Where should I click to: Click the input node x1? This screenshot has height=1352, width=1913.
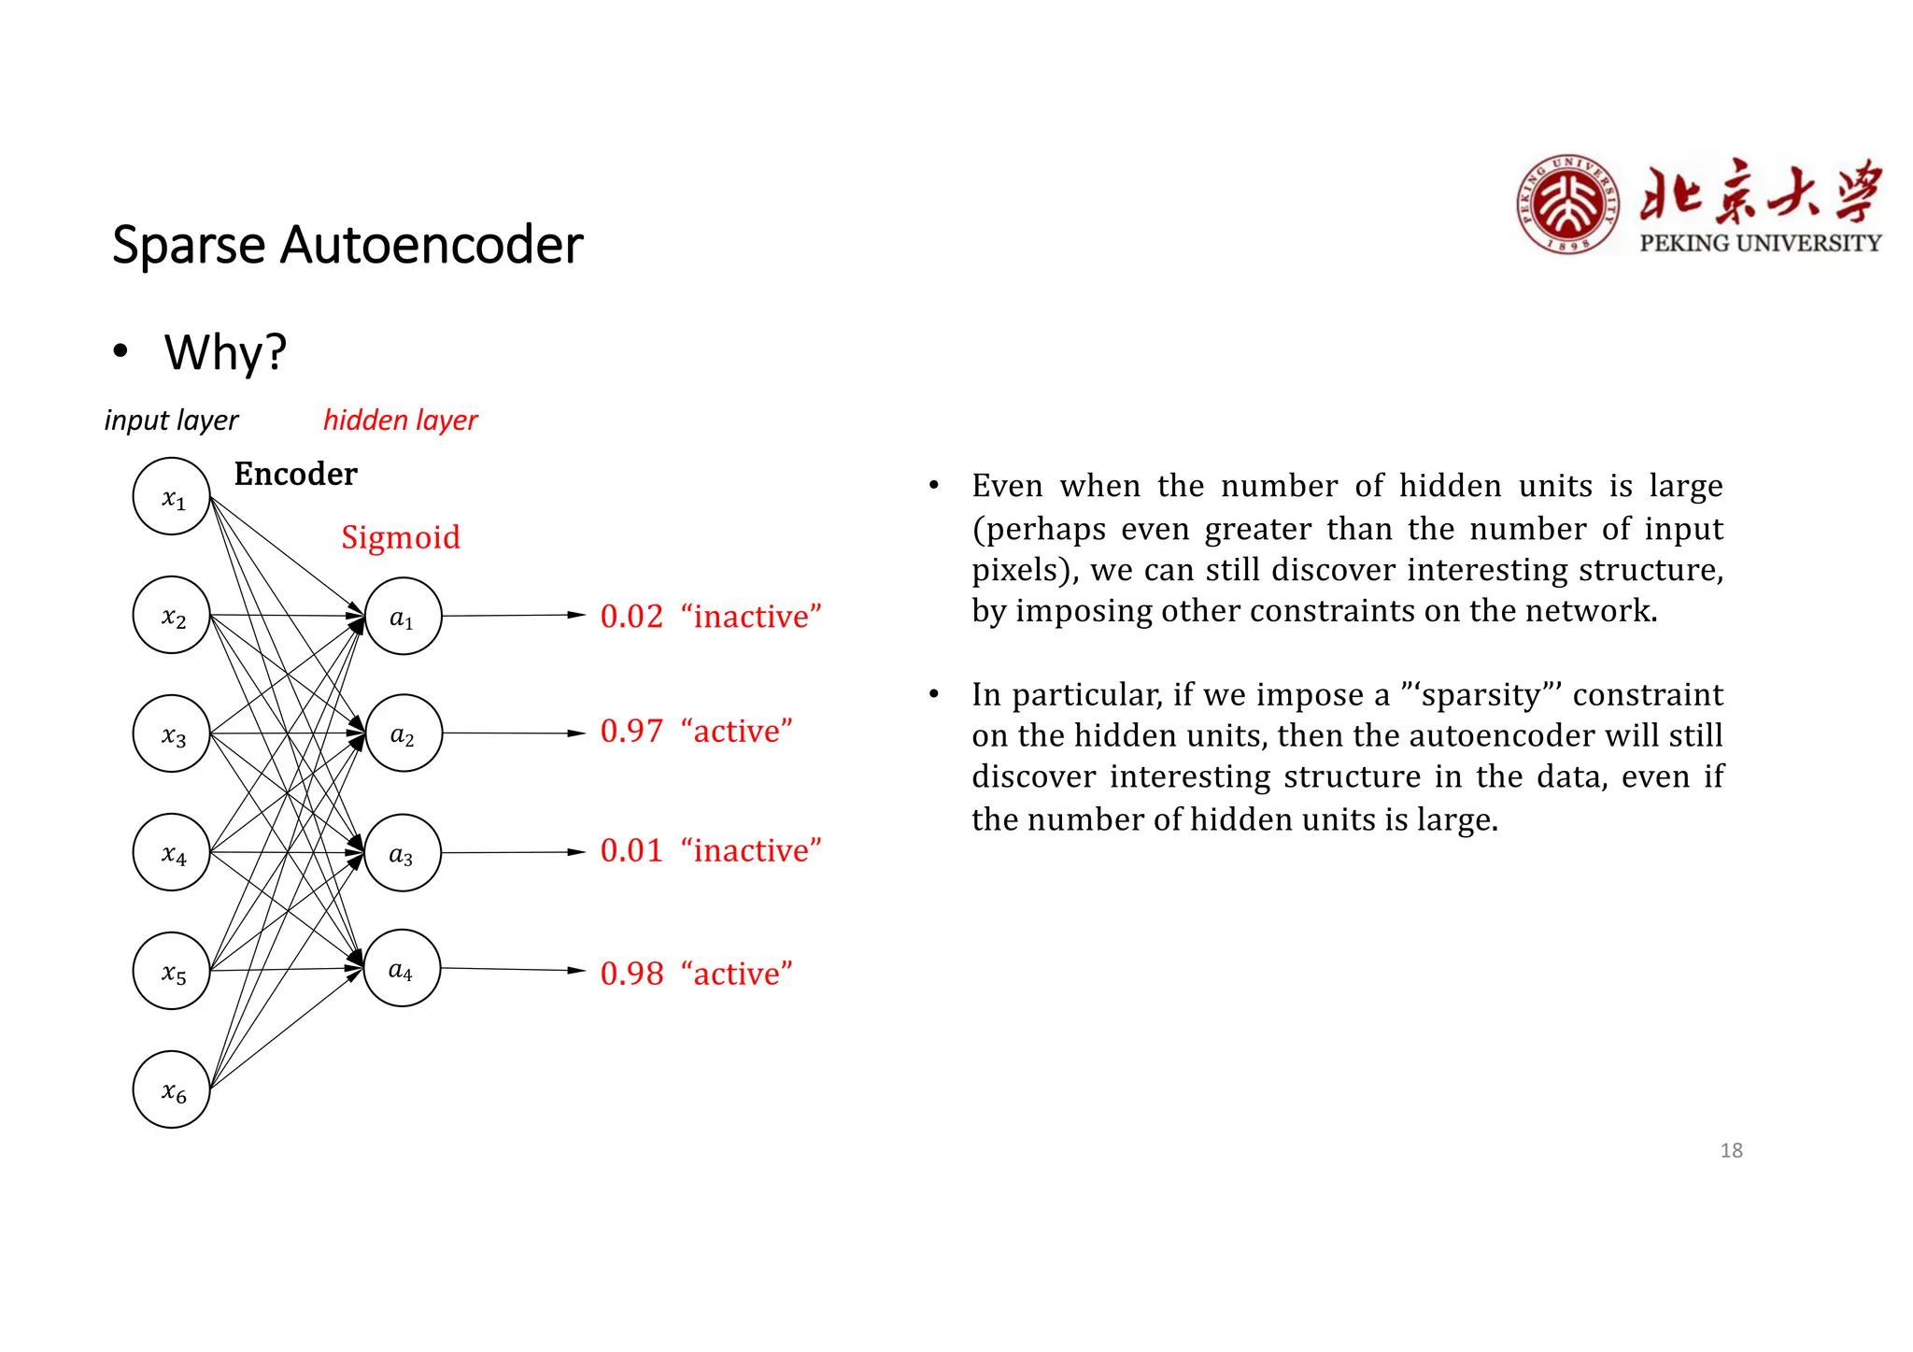coord(172,496)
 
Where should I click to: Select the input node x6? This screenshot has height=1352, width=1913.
coord(172,1089)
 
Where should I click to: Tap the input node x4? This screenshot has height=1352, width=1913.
coord(172,852)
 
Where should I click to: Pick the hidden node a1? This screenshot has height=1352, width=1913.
coord(403,616)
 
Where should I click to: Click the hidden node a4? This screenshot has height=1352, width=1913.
coord(402,969)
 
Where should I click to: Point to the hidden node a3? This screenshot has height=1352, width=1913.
coord(403,852)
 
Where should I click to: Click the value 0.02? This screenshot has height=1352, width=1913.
coord(631,617)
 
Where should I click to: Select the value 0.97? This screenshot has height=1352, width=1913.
coord(631,732)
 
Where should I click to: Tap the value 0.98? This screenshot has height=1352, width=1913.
coord(631,974)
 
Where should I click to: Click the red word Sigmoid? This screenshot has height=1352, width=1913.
coord(401,537)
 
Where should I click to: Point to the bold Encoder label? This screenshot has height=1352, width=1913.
coord(295,474)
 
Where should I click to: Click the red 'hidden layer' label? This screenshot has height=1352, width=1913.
coord(400,420)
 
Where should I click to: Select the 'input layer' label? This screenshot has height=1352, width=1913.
coord(171,420)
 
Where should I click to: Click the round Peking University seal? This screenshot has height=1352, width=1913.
coord(1567,205)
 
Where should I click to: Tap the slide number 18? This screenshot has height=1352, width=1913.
coord(1731,1150)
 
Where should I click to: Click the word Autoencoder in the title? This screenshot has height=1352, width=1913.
coord(432,246)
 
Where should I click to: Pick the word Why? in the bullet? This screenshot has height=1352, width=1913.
coord(225,352)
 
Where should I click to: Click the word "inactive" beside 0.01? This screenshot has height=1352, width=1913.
coord(751,851)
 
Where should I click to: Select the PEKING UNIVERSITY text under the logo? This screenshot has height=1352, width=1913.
coord(1760,243)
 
